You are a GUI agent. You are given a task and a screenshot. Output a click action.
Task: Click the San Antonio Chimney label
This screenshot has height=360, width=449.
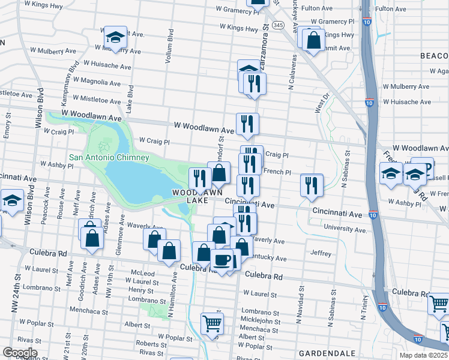(x=109, y=158)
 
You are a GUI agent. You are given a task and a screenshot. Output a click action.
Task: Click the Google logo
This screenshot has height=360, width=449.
(x=20, y=353)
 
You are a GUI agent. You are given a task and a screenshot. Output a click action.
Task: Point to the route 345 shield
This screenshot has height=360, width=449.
(x=277, y=25)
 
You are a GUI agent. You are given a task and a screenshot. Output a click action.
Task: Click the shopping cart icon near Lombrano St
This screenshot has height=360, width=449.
(x=211, y=323)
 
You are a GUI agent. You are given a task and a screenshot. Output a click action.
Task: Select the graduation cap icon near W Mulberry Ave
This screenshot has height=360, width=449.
(x=114, y=37)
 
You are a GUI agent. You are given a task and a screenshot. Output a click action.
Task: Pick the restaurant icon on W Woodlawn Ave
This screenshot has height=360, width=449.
(x=247, y=124)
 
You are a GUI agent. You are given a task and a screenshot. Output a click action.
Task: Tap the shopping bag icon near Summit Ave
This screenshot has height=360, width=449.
(x=313, y=40)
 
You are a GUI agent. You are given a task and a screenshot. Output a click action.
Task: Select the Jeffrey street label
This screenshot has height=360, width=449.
(x=321, y=254)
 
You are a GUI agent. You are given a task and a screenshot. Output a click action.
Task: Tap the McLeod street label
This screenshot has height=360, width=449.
(x=142, y=273)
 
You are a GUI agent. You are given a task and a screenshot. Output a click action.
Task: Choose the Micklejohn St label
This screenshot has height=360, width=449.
(x=257, y=320)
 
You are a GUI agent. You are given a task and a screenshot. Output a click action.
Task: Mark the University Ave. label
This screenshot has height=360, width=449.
(x=345, y=230)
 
